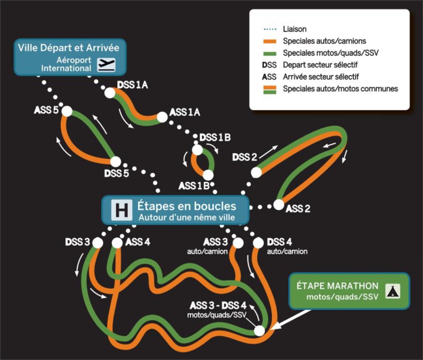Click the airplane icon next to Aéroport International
coord(106,64)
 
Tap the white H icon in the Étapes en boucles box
coord(121,210)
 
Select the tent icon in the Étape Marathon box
coord(392,291)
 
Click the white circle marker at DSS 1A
coord(110,93)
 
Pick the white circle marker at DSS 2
coord(257,172)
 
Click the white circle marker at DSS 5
coord(115,162)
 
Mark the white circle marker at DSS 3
coord(97,243)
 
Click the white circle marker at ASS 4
coord(117,243)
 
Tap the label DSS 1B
coord(215,138)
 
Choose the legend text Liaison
coord(295,29)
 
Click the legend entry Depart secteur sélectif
coord(320,65)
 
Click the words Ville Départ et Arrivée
coord(69,48)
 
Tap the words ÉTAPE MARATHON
coord(337,286)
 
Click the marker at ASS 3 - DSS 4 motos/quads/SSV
coord(259,331)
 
